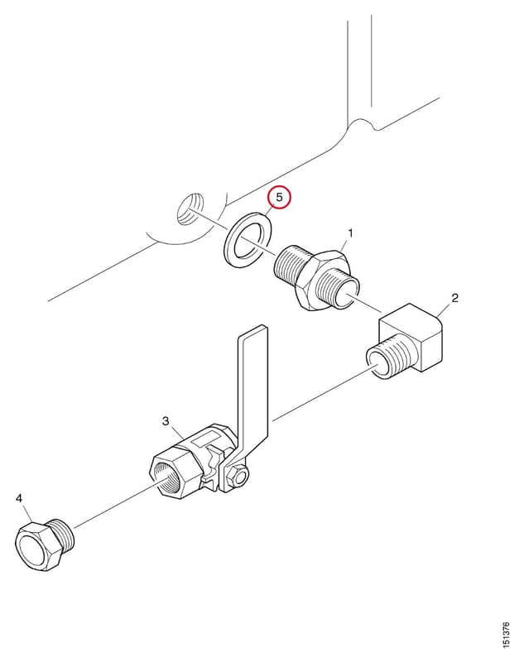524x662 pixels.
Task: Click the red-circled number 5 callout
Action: click(279, 197)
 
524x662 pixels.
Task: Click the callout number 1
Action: click(350, 233)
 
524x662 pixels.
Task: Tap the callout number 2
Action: click(454, 298)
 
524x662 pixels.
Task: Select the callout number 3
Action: click(166, 421)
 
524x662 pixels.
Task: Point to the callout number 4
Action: click(19, 499)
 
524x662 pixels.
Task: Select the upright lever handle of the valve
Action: click(252, 388)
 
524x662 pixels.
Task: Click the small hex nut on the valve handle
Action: click(235, 478)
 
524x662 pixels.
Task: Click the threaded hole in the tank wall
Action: click(190, 209)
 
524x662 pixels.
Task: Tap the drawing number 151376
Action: click(506, 635)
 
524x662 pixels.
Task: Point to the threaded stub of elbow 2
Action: click(389, 356)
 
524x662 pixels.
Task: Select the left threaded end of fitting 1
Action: click(292, 264)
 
